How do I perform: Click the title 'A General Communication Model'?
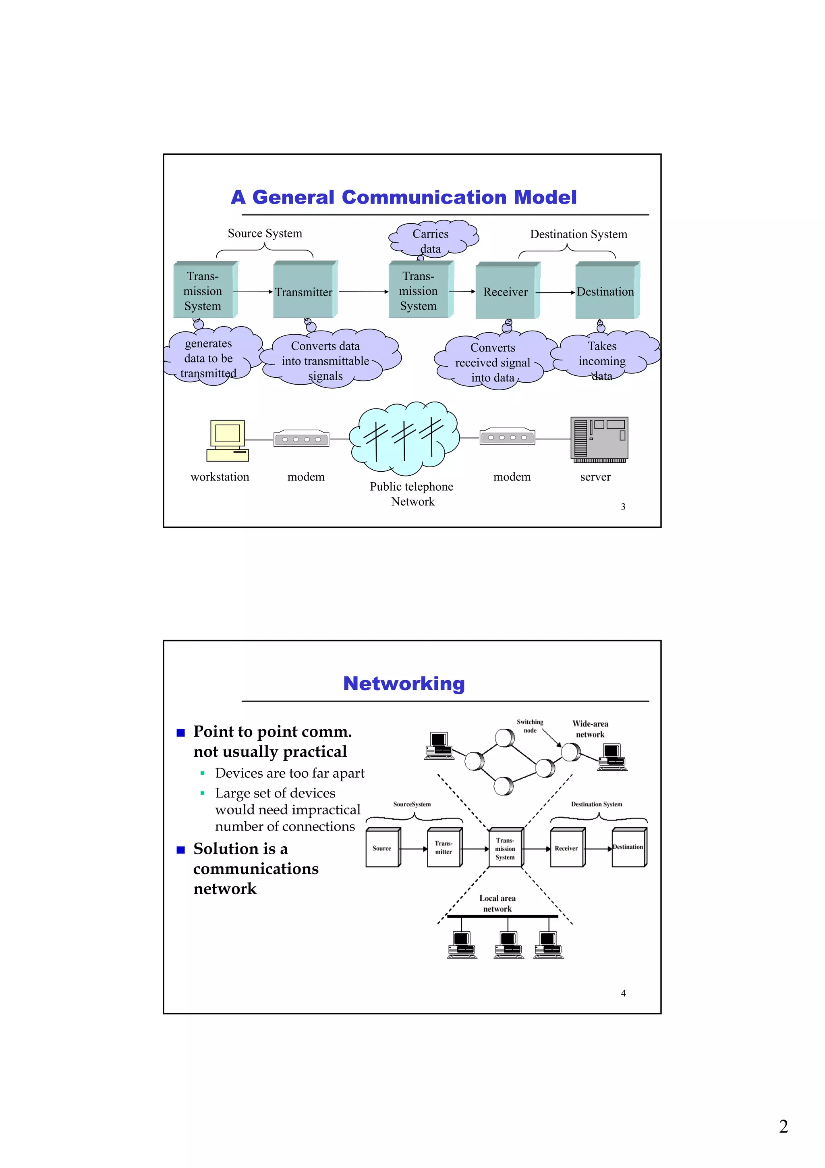pyautogui.click(x=404, y=198)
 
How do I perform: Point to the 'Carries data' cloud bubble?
pyautogui.click(x=431, y=239)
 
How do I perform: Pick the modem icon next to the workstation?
pyautogui.click(x=301, y=439)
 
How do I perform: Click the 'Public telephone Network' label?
pyautogui.click(x=412, y=493)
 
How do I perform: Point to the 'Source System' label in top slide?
pyautogui.click(x=265, y=233)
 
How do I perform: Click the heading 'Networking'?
pyautogui.click(x=404, y=684)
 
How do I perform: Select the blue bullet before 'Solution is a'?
pyautogui.click(x=180, y=849)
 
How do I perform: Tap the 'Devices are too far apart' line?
pyautogui.click(x=290, y=773)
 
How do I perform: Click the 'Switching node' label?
pyautogui.click(x=530, y=726)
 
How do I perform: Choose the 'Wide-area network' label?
pyautogui.click(x=590, y=729)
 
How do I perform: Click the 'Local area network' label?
pyautogui.click(x=497, y=904)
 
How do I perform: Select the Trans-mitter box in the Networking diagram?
pyautogui.click(x=444, y=847)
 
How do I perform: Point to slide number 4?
pyautogui.click(x=623, y=993)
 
